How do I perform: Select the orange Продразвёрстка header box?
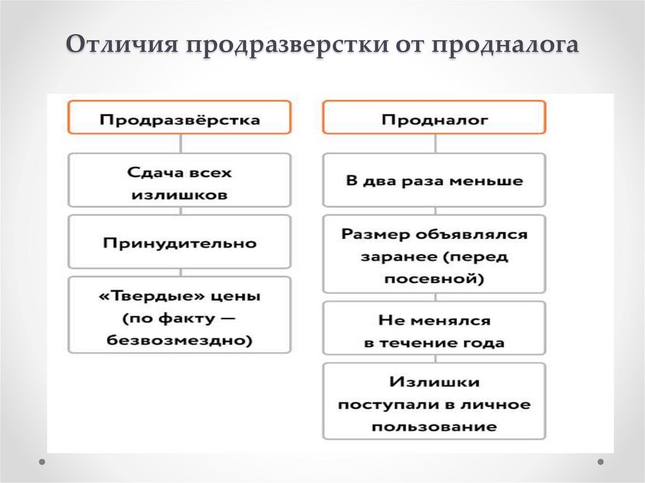[180, 118]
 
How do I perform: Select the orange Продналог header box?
[434, 118]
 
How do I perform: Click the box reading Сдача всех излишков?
[180, 181]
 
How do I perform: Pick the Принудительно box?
[180, 242]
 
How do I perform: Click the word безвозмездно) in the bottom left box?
[180, 341]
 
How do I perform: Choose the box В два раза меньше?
[434, 181]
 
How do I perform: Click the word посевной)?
[434, 278]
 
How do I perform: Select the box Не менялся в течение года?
[434, 331]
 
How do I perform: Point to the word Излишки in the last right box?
[434, 382]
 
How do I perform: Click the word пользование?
[434, 426]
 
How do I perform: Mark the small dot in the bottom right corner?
[601, 462]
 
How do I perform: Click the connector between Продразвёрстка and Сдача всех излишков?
[181, 143]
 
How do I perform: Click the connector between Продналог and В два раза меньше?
[435, 143]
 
